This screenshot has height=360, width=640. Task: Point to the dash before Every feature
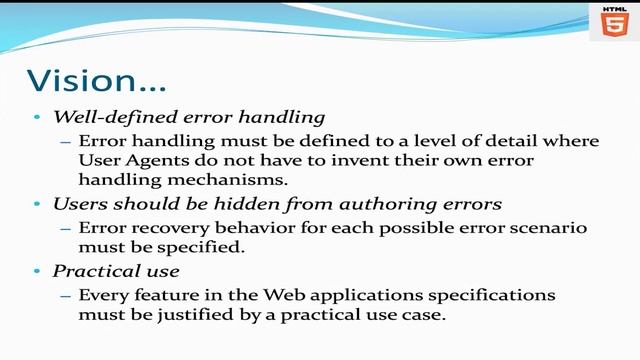click(x=66, y=296)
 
